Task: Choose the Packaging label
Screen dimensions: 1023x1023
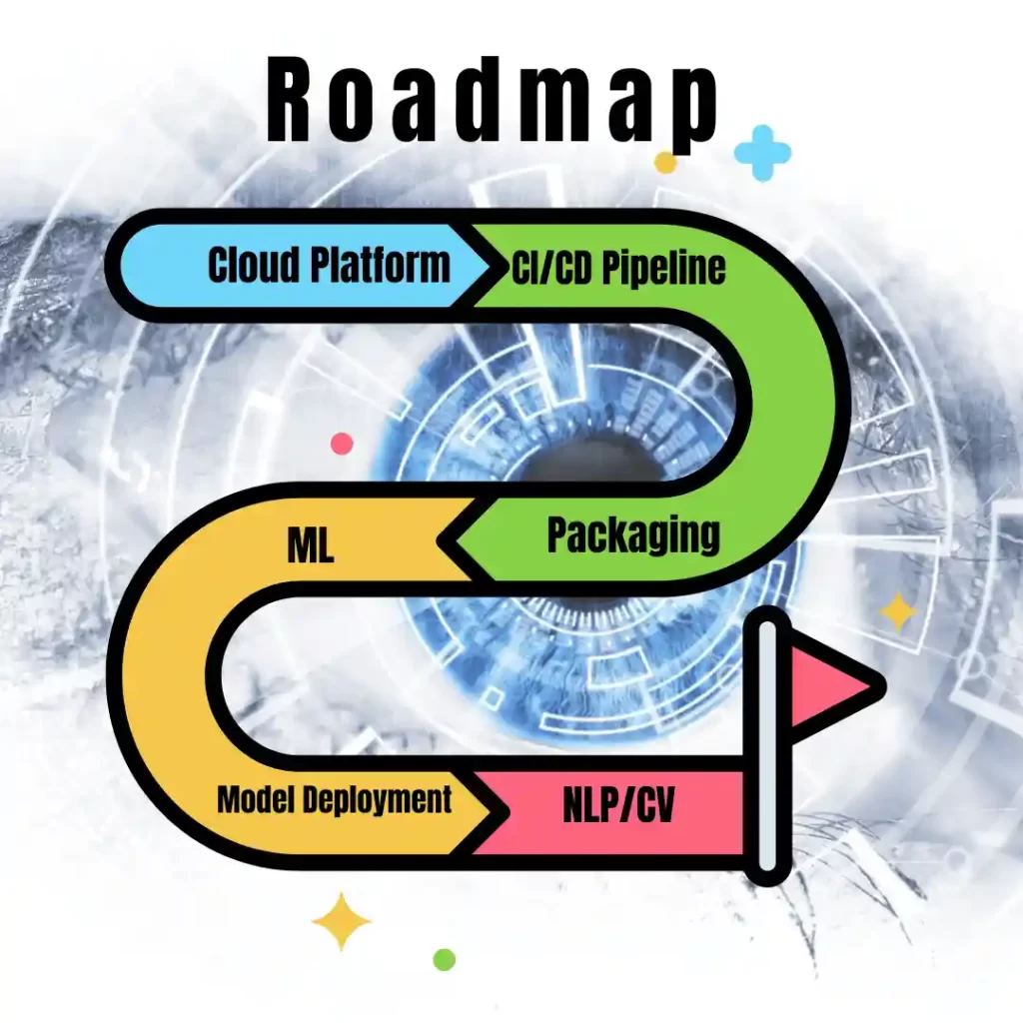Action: coord(632,536)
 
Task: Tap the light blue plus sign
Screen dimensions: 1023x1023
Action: coord(762,153)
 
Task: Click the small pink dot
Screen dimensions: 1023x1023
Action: coord(342,444)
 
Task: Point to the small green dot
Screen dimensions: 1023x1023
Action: coord(445,959)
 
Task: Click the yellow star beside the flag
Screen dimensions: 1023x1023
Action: coord(897,611)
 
